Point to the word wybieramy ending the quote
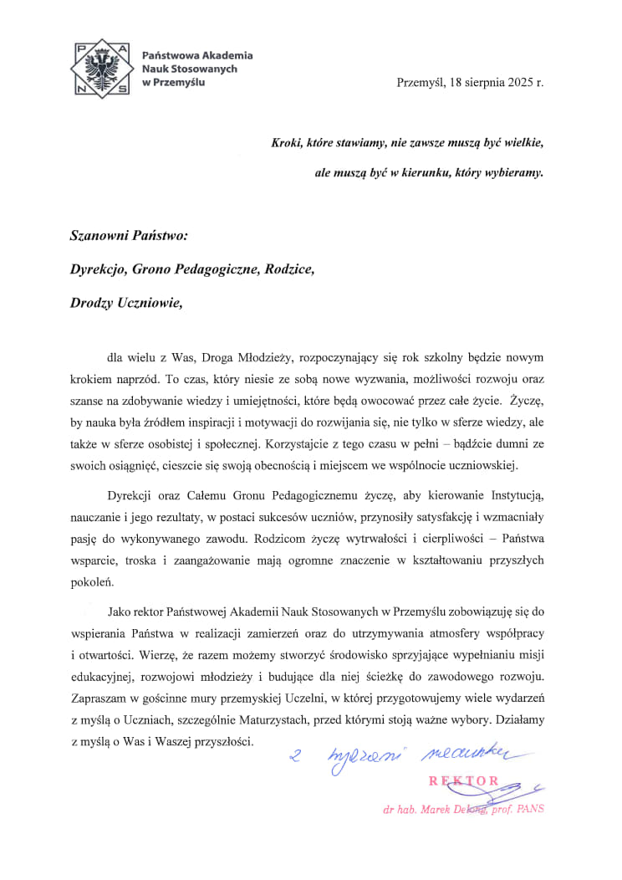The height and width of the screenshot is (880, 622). click(x=513, y=173)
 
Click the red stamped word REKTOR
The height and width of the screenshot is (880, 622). click(x=464, y=781)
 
